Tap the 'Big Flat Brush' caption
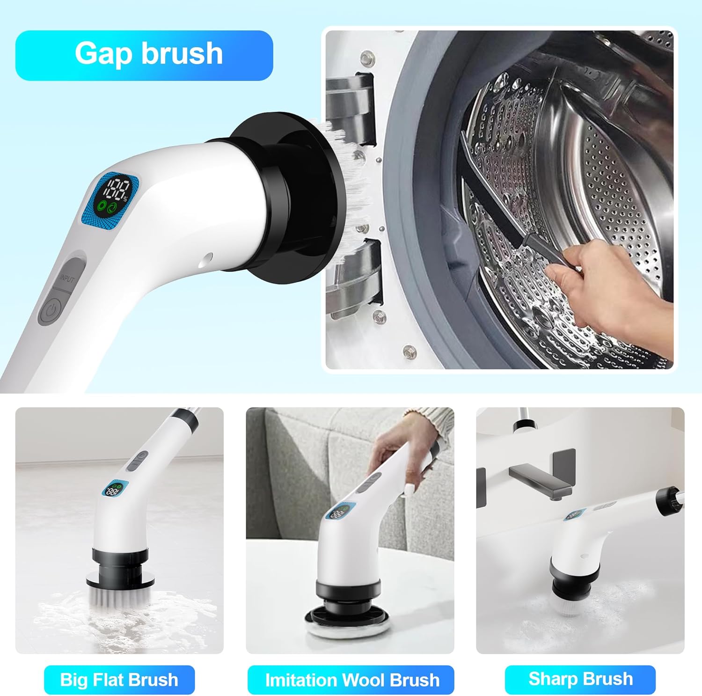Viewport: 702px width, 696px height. point(119,680)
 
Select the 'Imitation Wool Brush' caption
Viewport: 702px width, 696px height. point(351,680)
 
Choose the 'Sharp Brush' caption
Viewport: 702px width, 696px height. point(580,679)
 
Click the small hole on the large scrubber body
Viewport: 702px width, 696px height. point(208,257)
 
